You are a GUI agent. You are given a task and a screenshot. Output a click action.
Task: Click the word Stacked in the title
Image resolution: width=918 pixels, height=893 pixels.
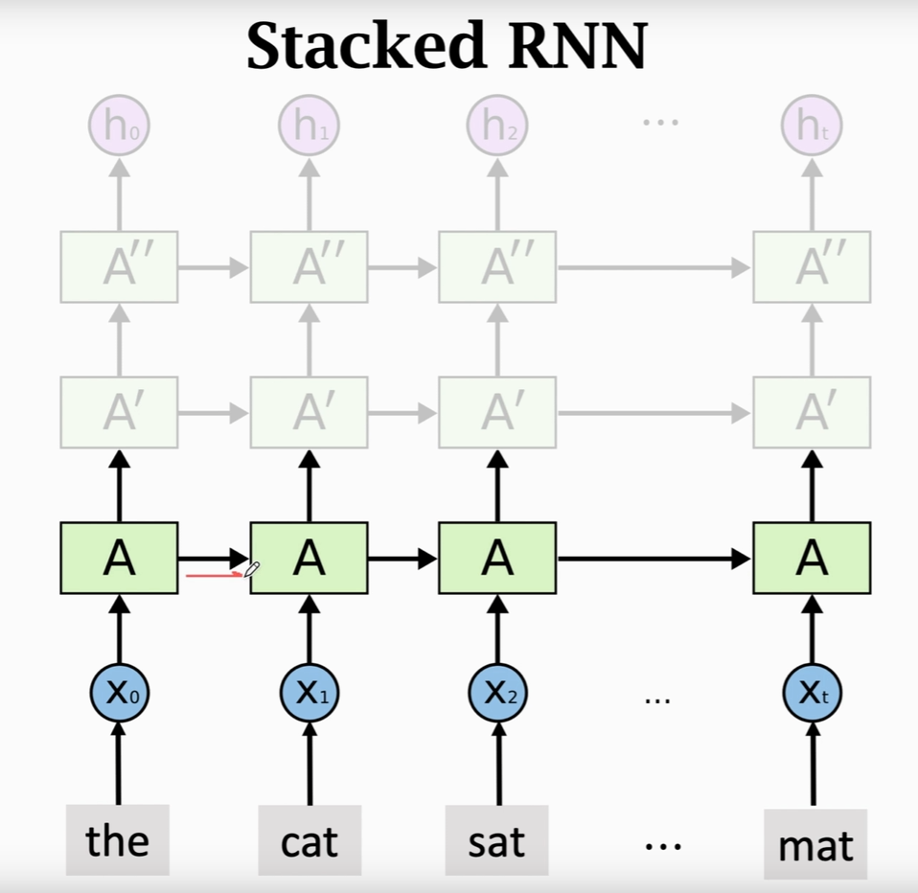360,46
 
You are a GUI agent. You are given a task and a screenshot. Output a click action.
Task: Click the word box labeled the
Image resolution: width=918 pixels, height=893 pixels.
118,840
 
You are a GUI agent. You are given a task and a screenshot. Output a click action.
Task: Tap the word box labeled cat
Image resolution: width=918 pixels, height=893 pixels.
310,840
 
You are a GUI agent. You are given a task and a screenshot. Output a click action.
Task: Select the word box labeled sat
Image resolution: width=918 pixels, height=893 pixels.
496,840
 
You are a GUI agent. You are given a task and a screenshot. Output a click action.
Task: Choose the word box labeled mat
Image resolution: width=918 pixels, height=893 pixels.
815,844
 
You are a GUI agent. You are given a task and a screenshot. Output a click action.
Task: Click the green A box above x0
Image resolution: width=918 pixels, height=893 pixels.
119,558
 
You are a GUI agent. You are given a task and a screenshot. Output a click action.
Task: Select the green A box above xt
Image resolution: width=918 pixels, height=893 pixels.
812,558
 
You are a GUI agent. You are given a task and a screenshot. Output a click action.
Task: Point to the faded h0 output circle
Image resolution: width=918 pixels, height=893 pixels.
119,126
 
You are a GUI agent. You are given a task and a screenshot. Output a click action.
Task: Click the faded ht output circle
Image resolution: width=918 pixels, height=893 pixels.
812,126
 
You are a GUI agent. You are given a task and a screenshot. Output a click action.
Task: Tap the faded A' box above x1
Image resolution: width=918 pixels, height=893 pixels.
309,412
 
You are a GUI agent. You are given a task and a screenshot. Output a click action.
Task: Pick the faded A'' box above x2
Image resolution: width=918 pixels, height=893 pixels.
497,266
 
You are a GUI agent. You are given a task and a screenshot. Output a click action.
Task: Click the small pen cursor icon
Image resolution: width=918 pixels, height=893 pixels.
251,570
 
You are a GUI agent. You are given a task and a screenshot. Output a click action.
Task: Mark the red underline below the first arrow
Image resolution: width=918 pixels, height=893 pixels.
213,576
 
